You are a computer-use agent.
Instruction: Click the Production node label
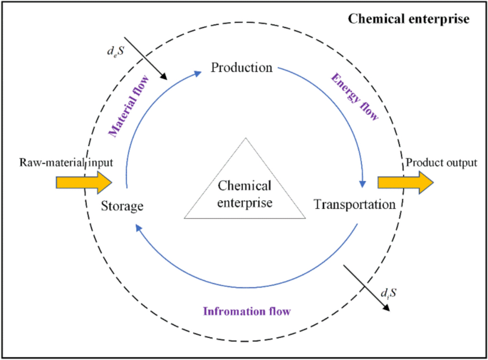click(x=242, y=68)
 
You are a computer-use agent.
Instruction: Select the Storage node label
click(x=123, y=206)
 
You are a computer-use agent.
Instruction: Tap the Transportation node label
click(x=354, y=205)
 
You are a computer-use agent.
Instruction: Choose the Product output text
click(x=440, y=163)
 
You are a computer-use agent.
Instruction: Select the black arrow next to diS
click(x=368, y=288)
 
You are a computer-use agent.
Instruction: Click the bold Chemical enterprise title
click(x=407, y=19)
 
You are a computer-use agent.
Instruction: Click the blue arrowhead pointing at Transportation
click(x=364, y=183)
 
